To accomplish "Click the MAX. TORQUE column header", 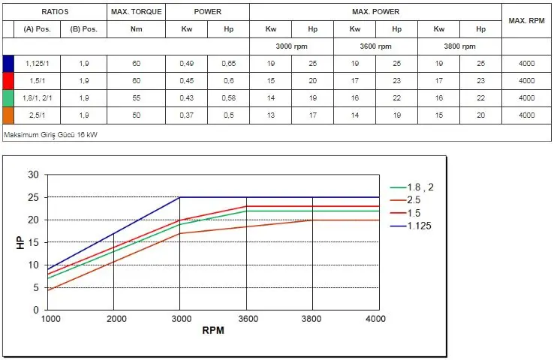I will (x=135, y=13).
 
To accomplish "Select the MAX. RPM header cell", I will (x=526, y=20).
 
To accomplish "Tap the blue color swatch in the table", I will (x=8, y=63).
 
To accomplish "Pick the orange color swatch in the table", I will (x=8, y=115).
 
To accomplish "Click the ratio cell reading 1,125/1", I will (x=37, y=63).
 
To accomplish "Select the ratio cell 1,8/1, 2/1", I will (x=37, y=98).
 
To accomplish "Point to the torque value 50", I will (x=136, y=115).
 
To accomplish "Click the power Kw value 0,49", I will (x=186, y=63).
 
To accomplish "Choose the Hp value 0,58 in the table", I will (x=228, y=98).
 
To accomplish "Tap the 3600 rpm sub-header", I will (x=375, y=46).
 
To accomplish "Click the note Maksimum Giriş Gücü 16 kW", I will (x=50, y=134).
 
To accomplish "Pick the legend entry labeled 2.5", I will (x=414, y=200).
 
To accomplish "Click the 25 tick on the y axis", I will (x=33, y=197).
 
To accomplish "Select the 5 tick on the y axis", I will (x=35, y=287).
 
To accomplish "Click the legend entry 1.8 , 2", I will (x=419, y=187).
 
